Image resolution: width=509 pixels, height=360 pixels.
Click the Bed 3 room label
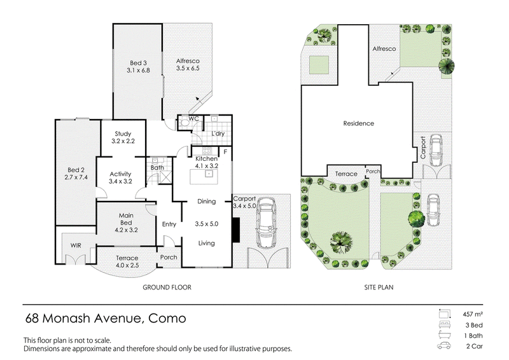tap(138, 63)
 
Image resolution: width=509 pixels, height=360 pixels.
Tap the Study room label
tap(123, 134)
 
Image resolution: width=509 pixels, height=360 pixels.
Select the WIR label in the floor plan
tap(76, 246)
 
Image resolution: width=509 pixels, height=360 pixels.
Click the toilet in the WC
tap(185, 122)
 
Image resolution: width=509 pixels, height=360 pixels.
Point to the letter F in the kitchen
tap(225, 151)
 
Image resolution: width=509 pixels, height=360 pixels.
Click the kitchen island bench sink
tap(209, 174)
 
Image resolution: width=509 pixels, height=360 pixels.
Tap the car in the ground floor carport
tap(266, 223)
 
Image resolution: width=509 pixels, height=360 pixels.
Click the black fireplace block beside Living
tap(236, 230)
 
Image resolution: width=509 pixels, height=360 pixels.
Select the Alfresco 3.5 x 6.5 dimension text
tap(188, 68)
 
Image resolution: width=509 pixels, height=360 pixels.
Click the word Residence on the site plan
tap(358, 123)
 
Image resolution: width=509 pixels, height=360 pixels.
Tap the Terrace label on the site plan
tap(346, 174)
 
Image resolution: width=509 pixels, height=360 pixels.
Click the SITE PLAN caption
tap(379, 287)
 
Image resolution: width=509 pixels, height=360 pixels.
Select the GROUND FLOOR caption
tap(167, 287)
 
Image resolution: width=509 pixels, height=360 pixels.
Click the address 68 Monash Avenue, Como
tap(106, 318)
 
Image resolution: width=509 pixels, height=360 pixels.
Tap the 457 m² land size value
tap(473, 314)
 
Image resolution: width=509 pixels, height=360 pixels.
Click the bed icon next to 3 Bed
tap(444, 324)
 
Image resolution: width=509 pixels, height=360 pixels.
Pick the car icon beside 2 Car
tap(444, 346)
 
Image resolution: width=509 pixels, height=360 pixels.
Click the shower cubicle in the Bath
tap(165, 178)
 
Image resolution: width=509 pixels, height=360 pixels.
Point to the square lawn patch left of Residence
tap(319, 65)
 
